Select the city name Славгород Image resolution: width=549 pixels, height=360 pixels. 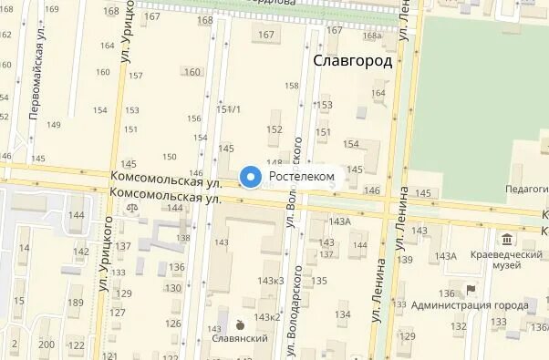[x=353, y=62]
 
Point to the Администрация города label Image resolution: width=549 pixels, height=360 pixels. [x=470, y=306]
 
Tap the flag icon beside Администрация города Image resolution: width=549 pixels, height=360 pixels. [x=471, y=291]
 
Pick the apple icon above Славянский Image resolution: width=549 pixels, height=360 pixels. [x=239, y=324]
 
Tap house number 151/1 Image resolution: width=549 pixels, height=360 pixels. [x=228, y=109]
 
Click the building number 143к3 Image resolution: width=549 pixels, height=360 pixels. [x=271, y=280]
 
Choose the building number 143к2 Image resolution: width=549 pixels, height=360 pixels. [x=267, y=317]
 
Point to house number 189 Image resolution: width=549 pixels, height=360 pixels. [x=77, y=303]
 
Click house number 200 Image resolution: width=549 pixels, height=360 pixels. [x=47, y=345]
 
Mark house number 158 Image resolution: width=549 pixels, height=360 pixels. [x=292, y=86]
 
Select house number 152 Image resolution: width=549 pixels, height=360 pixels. [x=274, y=129]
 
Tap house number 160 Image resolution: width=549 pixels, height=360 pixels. [x=192, y=72]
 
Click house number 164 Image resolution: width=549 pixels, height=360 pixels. [x=378, y=92]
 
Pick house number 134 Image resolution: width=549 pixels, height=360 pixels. [x=342, y=314]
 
